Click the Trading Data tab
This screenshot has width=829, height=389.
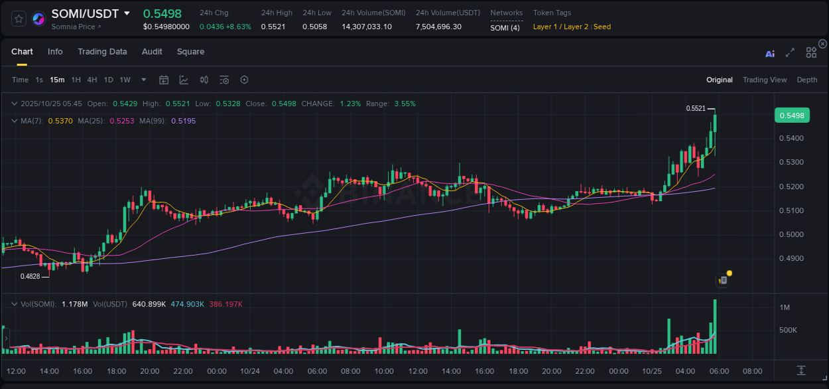[102, 52]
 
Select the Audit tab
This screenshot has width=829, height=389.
[152, 52]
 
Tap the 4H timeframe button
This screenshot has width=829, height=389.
[92, 80]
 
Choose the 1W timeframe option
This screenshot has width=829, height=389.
[125, 80]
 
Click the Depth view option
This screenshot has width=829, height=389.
[806, 80]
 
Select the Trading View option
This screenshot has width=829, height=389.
[764, 80]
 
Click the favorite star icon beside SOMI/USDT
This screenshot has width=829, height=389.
[19, 19]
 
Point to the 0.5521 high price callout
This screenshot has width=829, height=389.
[696, 108]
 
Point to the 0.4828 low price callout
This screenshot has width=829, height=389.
[30, 276]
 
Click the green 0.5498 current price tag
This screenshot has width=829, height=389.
[791, 116]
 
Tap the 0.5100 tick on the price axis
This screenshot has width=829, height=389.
[791, 210]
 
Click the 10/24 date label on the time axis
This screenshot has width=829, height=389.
[249, 371]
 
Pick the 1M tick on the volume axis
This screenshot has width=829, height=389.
[785, 307]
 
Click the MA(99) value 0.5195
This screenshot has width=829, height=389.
[183, 121]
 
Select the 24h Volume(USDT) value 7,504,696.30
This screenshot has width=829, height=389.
[438, 27]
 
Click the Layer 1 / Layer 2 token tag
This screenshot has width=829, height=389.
[560, 27]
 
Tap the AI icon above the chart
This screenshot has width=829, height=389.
[770, 54]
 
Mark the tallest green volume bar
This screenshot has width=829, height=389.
[715, 327]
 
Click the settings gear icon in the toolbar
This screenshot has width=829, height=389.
[244, 80]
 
